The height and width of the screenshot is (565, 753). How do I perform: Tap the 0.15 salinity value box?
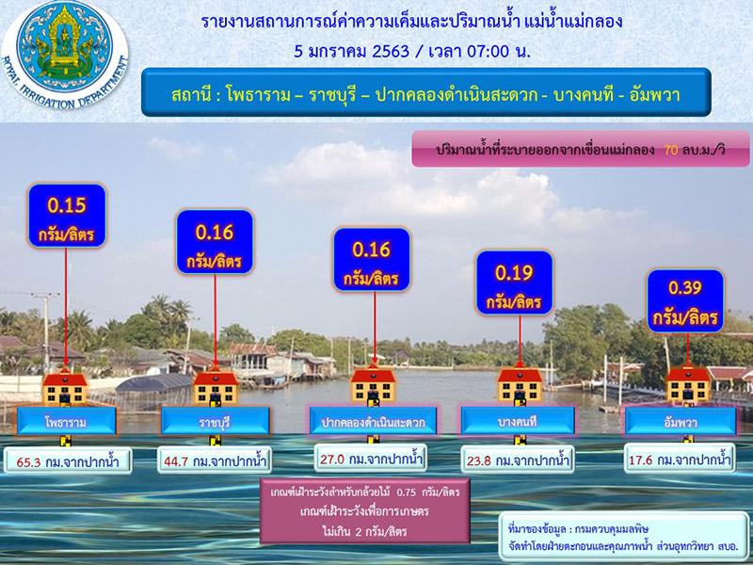[x=66, y=216]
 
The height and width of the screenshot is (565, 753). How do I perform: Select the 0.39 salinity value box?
[x=685, y=300]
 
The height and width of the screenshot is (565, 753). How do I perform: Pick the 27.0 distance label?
[x=372, y=460]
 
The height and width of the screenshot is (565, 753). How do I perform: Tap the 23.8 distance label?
[x=517, y=460]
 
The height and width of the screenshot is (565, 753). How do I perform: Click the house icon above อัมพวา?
[x=687, y=384]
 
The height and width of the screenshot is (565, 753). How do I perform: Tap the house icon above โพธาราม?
[x=65, y=384]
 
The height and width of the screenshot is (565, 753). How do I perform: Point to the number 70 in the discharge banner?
[x=671, y=150]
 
